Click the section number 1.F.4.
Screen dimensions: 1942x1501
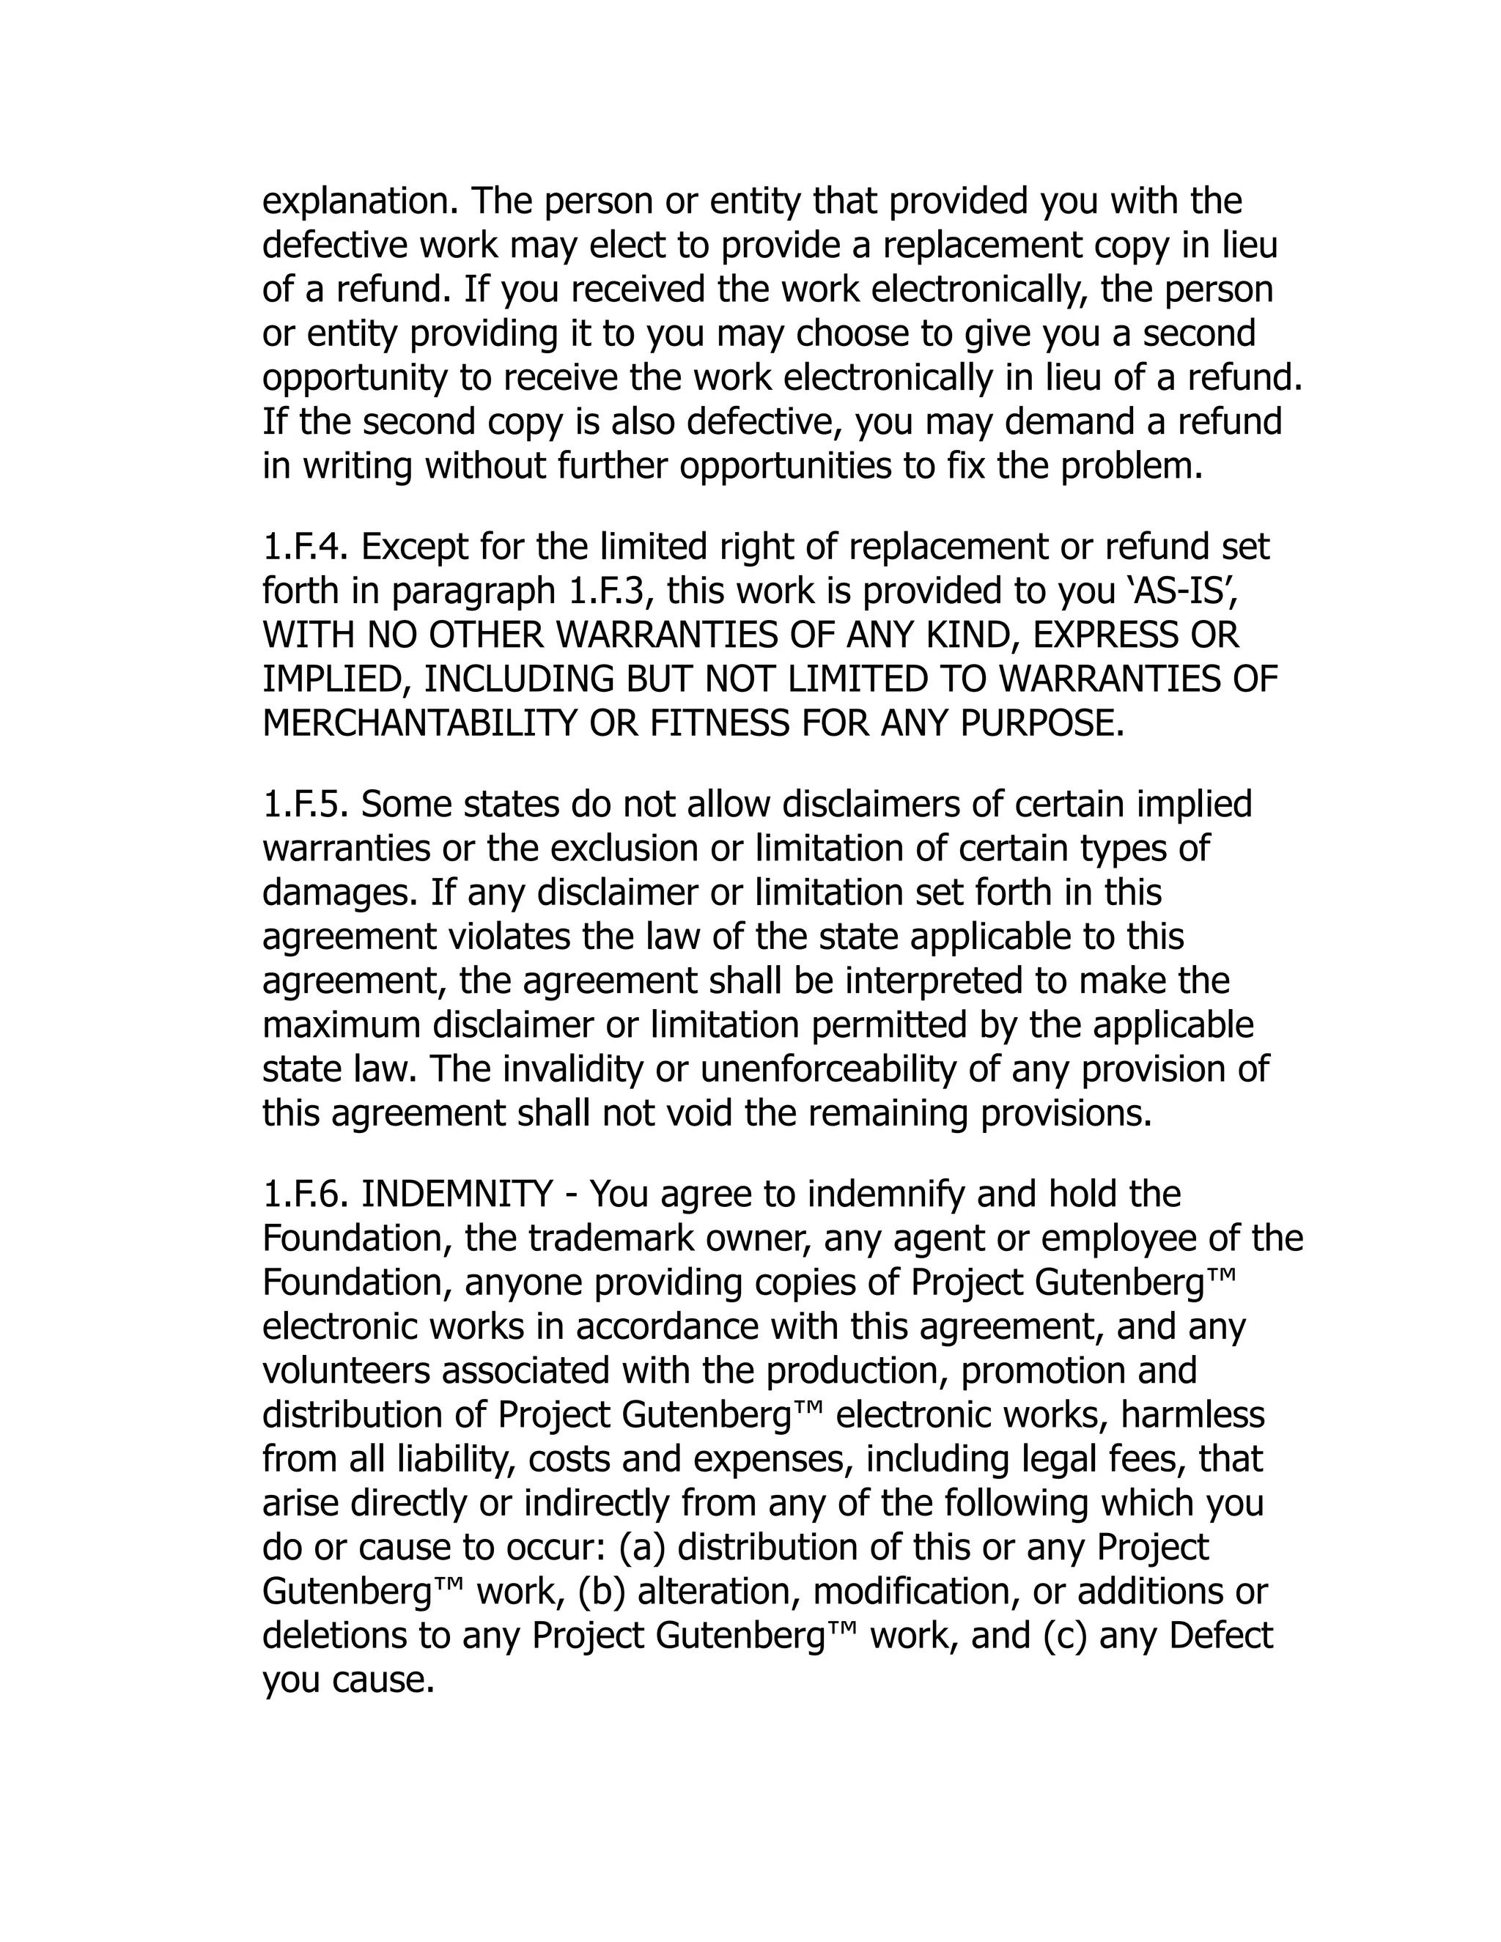click(308, 547)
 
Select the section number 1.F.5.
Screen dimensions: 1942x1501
click(308, 805)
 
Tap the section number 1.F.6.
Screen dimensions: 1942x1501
click(308, 1195)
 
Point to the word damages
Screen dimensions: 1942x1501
click(339, 893)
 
